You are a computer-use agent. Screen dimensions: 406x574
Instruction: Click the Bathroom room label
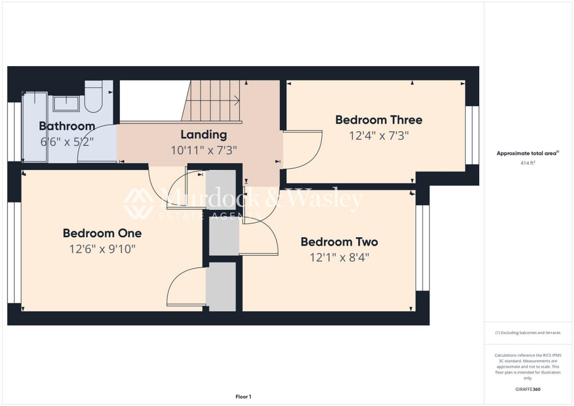(x=67, y=126)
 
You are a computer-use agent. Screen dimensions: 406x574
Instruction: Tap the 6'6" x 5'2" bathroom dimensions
(x=67, y=142)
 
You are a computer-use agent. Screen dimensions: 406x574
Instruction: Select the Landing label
(x=203, y=135)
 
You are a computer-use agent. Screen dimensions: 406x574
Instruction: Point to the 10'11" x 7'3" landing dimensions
(x=203, y=150)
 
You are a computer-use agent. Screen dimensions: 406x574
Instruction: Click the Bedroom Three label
(x=378, y=119)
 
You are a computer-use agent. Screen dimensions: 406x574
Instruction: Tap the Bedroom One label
(x=102, y=233)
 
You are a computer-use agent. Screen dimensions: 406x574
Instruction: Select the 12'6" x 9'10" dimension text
(x=102, y=248)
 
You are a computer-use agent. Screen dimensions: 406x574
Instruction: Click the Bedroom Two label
(x=339, y=242)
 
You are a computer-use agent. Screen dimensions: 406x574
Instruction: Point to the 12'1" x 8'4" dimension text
(x=339, y=257)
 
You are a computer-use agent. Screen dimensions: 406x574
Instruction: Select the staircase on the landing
(x=213, y=100)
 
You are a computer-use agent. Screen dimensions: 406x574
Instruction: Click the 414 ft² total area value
(x=529, y=163)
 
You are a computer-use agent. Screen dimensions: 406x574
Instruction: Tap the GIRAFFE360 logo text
(x=529, y=389)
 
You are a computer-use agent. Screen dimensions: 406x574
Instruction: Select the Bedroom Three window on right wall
(x=473, y=135)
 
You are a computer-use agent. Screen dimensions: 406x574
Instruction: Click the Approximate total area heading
(x=527, y=153)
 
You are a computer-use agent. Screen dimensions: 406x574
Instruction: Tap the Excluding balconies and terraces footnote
(x=528, y=333)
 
